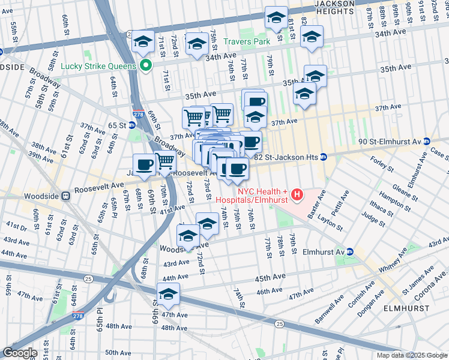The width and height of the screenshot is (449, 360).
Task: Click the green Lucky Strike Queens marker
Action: click(x=145, y=65)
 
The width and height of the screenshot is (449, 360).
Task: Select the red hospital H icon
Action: click(x=296, y=195)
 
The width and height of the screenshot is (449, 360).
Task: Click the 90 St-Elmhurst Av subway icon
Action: click(x=427, y=142)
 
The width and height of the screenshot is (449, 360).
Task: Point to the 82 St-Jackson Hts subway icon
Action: click(x=323, y=157)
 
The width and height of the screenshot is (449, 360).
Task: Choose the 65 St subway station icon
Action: click(x=131, y=125)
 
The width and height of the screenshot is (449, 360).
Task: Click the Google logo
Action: click(x=19, y=353)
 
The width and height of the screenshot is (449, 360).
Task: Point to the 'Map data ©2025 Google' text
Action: click(x=412, y=355)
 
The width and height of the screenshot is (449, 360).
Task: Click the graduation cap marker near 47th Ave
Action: click(x=168, y=295)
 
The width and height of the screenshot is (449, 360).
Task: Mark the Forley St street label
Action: click(x=381, y=161)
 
